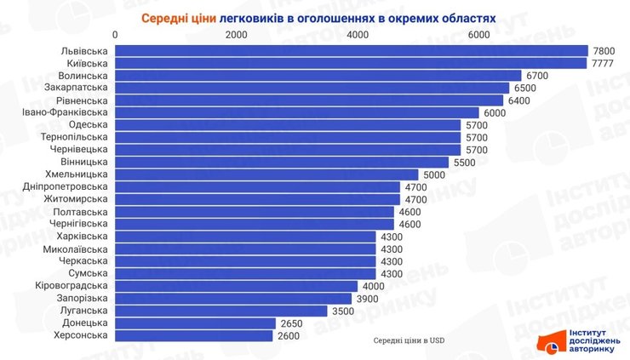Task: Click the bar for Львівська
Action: tap(351, 51)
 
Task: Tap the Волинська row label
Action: tap(83, 76)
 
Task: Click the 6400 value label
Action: tap(519, 100)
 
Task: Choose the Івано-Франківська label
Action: tap(65, 112)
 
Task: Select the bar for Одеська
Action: tap(288, 125)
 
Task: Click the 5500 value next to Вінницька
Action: tap(465, 162)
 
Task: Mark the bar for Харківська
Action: tap(245, 237)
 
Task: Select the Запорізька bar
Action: tap(233, 299)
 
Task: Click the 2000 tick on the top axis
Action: tap(236, 34)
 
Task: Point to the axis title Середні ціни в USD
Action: tap(409, 341)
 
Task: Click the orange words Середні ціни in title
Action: tap(178, 16)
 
